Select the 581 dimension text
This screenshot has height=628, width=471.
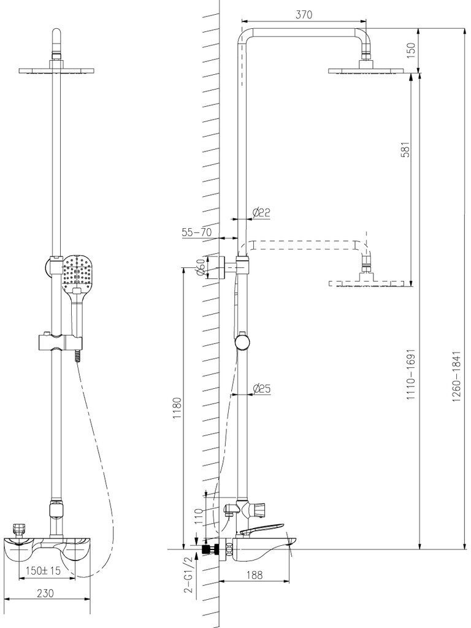[x=405, y=149]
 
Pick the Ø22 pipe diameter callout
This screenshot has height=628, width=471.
[x=261, y=212]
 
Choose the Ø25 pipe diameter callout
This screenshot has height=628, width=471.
[x=262, y=388]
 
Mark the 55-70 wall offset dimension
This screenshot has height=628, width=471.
[x=196, y=232]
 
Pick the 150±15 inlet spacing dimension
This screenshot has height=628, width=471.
[x=44, y=571]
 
